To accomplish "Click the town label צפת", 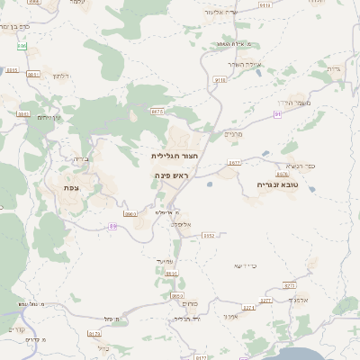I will tap(72, 187).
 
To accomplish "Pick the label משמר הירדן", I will tap(291, 103).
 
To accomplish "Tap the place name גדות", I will tap(332, 68).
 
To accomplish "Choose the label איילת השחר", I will tap(243, 64).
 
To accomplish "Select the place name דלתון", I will tap(60, 76).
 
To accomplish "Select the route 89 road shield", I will tap(112, 226).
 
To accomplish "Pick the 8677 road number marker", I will tap(234, 163).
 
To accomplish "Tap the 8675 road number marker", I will tap(157, 111).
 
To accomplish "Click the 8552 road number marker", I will tap(209, 236).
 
